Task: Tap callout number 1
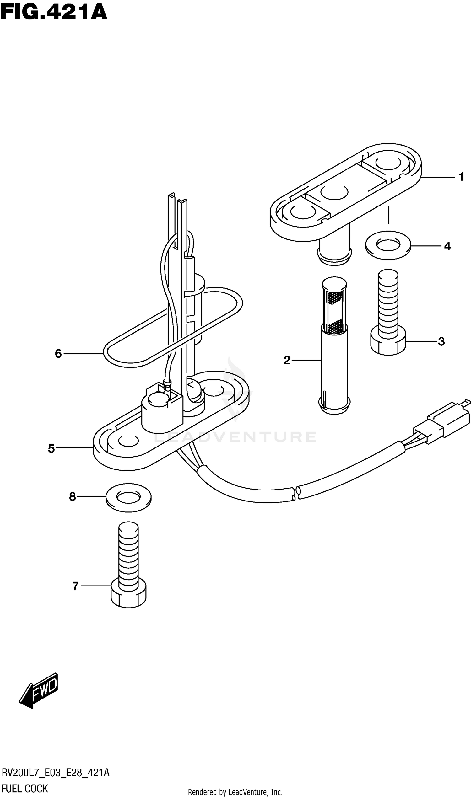point(462,177)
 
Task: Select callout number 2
point(287,360)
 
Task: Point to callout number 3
point(441,342)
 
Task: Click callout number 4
point(447,246)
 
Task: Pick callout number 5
point(51,448)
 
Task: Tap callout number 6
point(58,353)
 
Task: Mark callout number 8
point(73,497)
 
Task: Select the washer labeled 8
point(128,497)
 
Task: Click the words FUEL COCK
point(25,789)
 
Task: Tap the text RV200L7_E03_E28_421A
point(56,773)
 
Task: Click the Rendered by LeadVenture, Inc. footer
point(235,792)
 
